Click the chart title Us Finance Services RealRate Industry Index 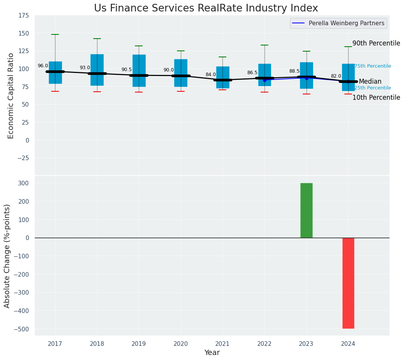(x=206, y=8)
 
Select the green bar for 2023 (x=306, y=210)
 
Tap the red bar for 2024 (x=348, y=283)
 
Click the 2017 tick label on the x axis (x=55, y=344)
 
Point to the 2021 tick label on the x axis (x=222, y=344)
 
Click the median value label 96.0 (x=43, y=66)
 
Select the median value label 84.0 (x=211, y=75)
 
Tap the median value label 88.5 (x=294, y=71)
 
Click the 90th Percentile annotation (x=376, y=44)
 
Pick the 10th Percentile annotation (x=376, y=98)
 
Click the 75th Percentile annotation (x=373, y=66)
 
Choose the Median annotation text (x=370, y=82)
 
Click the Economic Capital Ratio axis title (x=11, y=96)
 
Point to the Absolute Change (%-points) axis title (x=7, y=256)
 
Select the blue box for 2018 (x=97, y=70)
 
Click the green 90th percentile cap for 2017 (x=55, y=35)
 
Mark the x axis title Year (x=212, y=353)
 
